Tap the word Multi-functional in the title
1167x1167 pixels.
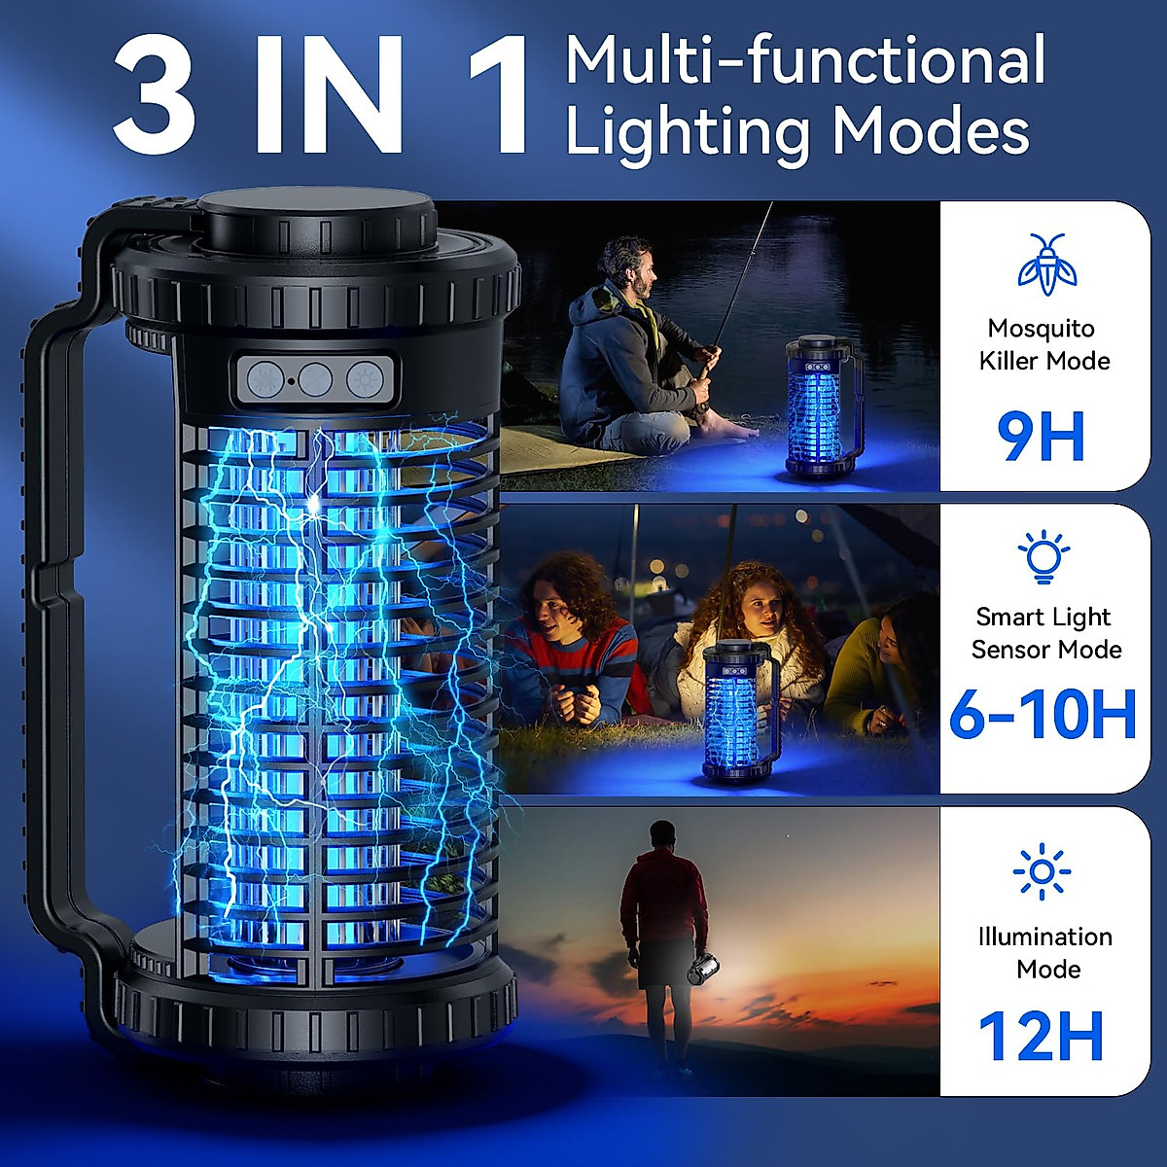pos(805,60)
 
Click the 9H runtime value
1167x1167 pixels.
pos(1041,437)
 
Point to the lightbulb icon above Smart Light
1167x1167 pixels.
pos(1043,557)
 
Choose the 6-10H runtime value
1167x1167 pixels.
pos(1043,715)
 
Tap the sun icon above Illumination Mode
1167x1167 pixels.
pos(1042,870)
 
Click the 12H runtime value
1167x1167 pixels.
pos(1042,1036)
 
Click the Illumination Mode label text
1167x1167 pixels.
pos(1045,952)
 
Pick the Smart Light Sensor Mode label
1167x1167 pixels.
pos(1045,633)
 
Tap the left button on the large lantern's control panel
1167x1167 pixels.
pos(264,378)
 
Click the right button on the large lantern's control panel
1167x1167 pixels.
pos(366,378)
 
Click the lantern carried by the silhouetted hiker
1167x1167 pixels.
pos(704,968)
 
